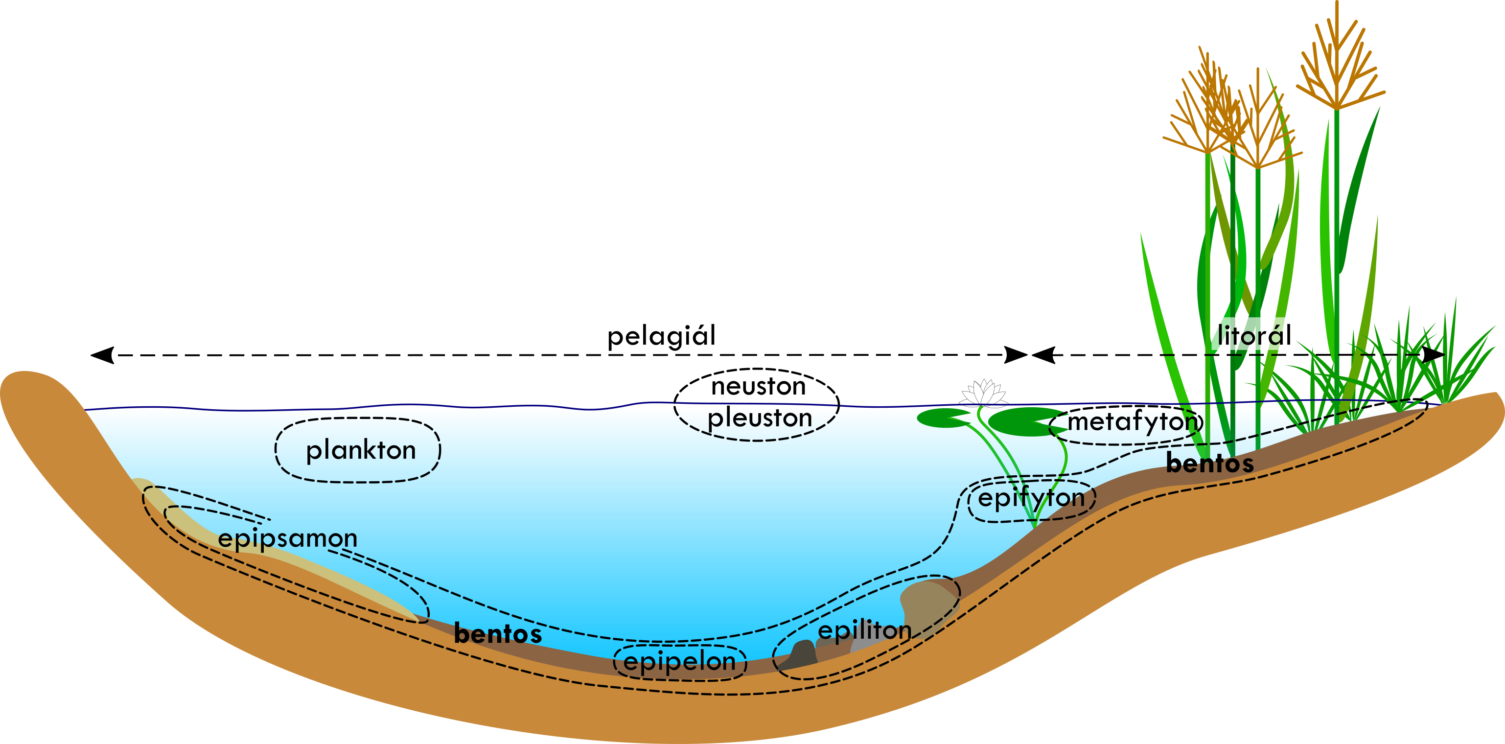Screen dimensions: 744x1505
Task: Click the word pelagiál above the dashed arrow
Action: (661, 336)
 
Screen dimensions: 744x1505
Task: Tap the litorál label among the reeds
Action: (1254, 335)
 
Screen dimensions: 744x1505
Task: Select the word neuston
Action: (758, 386)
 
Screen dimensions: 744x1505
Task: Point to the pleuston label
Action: (760, 418)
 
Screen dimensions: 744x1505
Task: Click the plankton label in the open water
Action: (361, 450)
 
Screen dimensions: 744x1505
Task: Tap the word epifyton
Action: (1031, 498)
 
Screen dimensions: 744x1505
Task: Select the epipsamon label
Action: (287, 538)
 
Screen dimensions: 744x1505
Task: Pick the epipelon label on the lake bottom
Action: (679, 662)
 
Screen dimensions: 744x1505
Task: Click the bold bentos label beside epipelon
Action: (498, 633)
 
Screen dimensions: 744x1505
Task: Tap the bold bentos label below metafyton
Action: (1209, 464)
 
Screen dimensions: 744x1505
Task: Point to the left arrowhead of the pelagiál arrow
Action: (102, 355)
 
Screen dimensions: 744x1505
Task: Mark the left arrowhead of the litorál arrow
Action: (1043, 355)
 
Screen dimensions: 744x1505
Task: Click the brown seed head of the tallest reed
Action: (1338, 64)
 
